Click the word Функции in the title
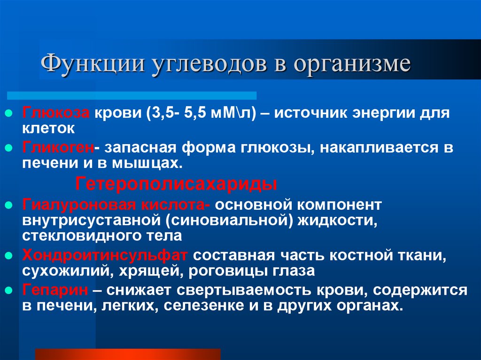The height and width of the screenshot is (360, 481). (92, 64)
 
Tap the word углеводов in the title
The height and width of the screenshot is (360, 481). (209, 64)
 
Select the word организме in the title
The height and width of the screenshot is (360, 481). (352, 64)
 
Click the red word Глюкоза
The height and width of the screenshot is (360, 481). (55, 113)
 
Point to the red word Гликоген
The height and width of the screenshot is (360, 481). (58, 147)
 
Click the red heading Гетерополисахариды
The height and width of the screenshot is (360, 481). (176, 184)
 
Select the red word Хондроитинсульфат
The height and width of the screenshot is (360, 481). (105, 255)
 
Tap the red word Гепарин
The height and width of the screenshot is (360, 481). (55, 290)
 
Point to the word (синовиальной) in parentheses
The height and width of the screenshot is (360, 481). (229, 221)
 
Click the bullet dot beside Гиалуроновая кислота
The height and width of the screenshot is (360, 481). (8, 205)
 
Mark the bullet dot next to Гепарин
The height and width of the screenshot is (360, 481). (8, 291)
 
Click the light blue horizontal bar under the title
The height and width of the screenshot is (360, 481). (132, 95)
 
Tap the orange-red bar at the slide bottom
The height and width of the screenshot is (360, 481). (128, 354)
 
